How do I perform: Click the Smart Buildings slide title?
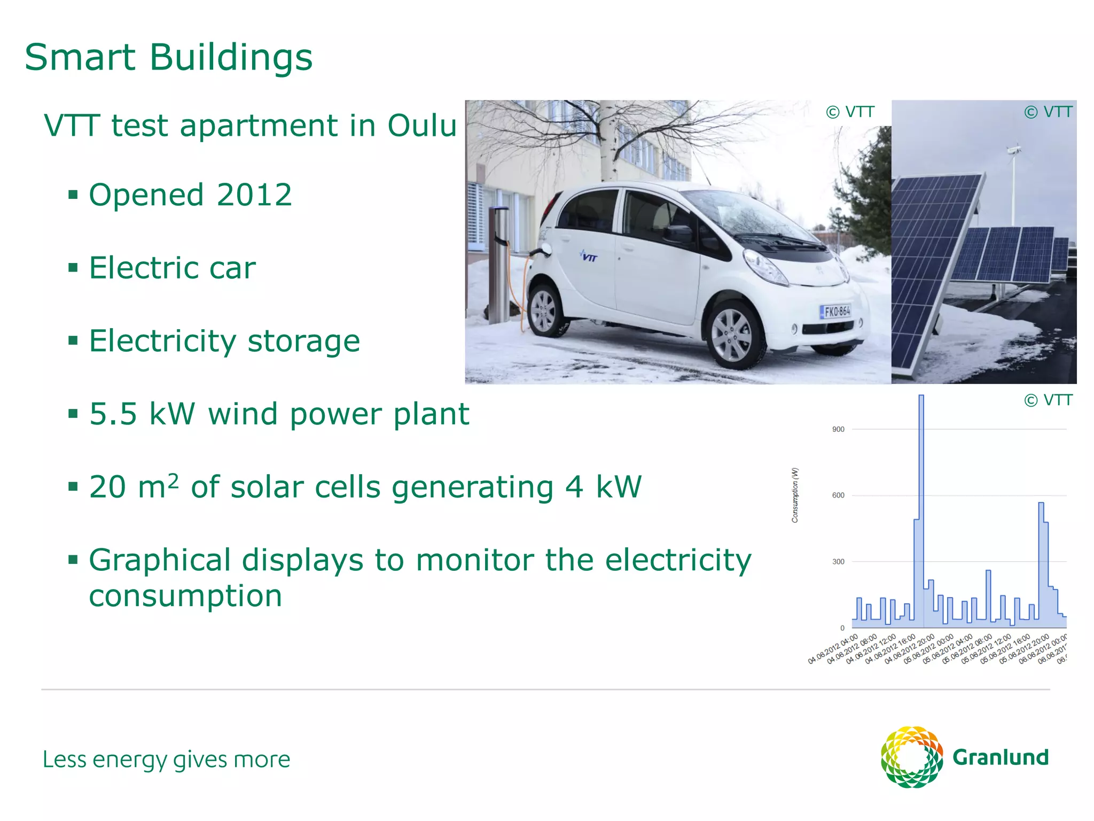168,57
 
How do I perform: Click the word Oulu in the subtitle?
421,126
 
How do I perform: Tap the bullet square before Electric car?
73,267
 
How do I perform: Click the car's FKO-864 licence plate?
836,311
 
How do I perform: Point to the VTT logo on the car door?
588,256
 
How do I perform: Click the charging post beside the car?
498,264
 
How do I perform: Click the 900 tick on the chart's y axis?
838,429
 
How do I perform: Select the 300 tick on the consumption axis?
838,562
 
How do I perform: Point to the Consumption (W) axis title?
795,495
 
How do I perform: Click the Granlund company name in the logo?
1000,757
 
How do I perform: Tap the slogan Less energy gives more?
166,760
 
